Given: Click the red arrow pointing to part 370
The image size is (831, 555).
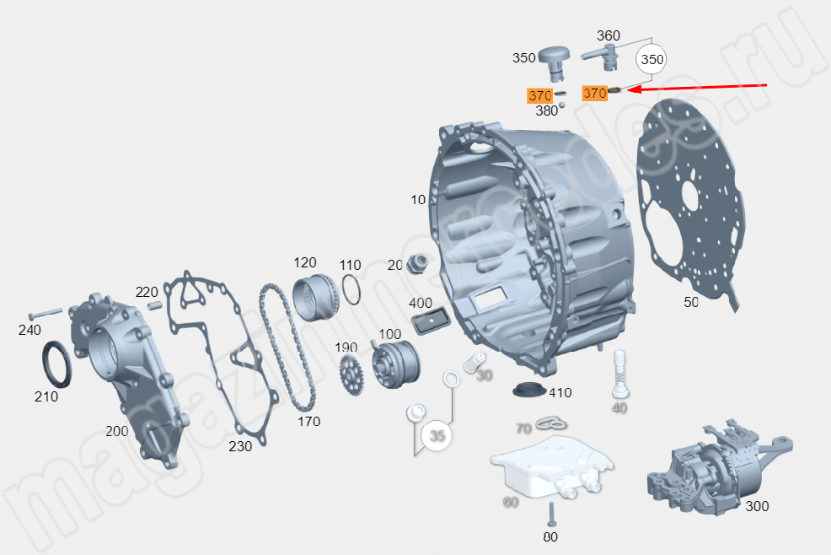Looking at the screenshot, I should [x=700, y=87].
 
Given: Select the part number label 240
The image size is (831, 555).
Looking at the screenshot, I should [x=29, y=330].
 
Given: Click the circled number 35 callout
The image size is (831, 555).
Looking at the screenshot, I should [x=437, y=435].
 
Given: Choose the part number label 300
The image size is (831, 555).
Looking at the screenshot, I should [x=757, y=506].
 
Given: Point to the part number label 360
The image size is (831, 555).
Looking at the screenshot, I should [x=608, y=35].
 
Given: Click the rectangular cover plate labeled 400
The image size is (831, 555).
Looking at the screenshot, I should [x=429, y=321].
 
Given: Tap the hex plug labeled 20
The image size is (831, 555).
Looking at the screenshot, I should [x=415, y=264].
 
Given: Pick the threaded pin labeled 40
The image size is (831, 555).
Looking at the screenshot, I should [x=620, y=374].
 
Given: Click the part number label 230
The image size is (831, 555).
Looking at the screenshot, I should [x=240, y=446].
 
